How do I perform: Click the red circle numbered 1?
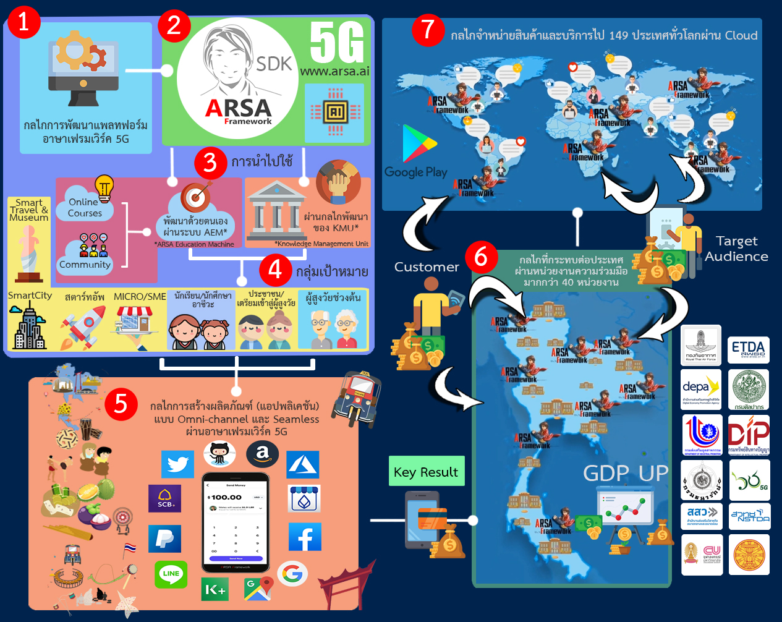[x=23, y=22]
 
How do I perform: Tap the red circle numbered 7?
[x=428, y=29]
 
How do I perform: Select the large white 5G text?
[x=337, y=42]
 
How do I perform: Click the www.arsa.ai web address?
[x=334, y=71]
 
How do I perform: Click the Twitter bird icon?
[x=177, y=464]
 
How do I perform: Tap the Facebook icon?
[x=305, y=537]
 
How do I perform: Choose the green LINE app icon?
[x=171, y=574]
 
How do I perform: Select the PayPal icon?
[x=164, y=539]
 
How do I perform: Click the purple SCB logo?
[x=164, y=498]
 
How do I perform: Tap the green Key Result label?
[x=426, y=472]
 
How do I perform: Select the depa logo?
[x=701, y=388]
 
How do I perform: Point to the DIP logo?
[x=749, y=434]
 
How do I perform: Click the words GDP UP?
[x=626, y=474]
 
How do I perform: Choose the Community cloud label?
[x=85, y=264]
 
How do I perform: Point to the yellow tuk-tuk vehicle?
[x=355, y=397]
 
